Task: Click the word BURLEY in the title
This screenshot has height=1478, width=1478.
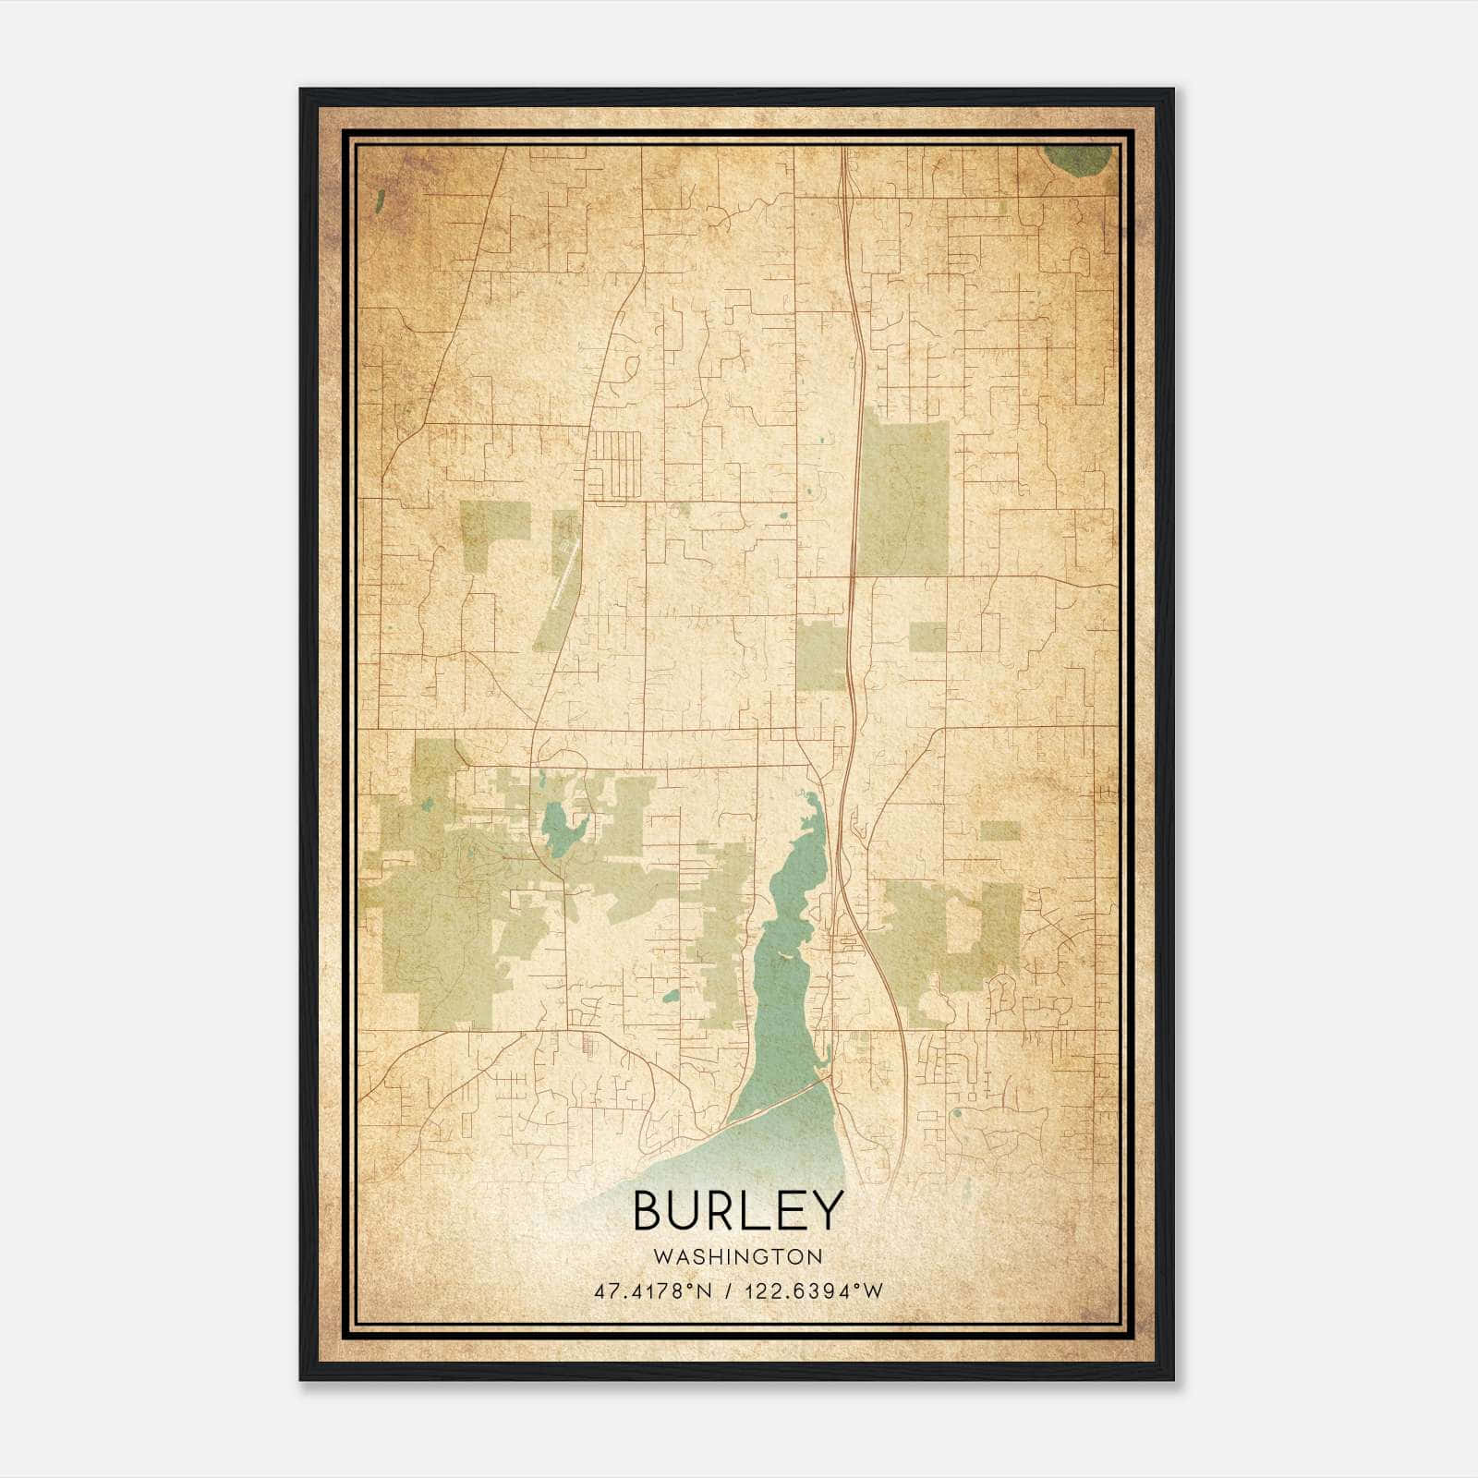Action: [738, 1210]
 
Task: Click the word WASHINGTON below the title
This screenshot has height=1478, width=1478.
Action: [738, 1256]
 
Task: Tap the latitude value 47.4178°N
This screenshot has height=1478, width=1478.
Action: [654, 1290]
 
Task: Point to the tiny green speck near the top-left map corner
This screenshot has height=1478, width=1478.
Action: [380, 200]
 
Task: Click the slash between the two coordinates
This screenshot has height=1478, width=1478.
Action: [730, 1290]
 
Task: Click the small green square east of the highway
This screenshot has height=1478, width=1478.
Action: [927, 637]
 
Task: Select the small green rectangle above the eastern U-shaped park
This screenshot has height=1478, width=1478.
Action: [999, 830]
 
